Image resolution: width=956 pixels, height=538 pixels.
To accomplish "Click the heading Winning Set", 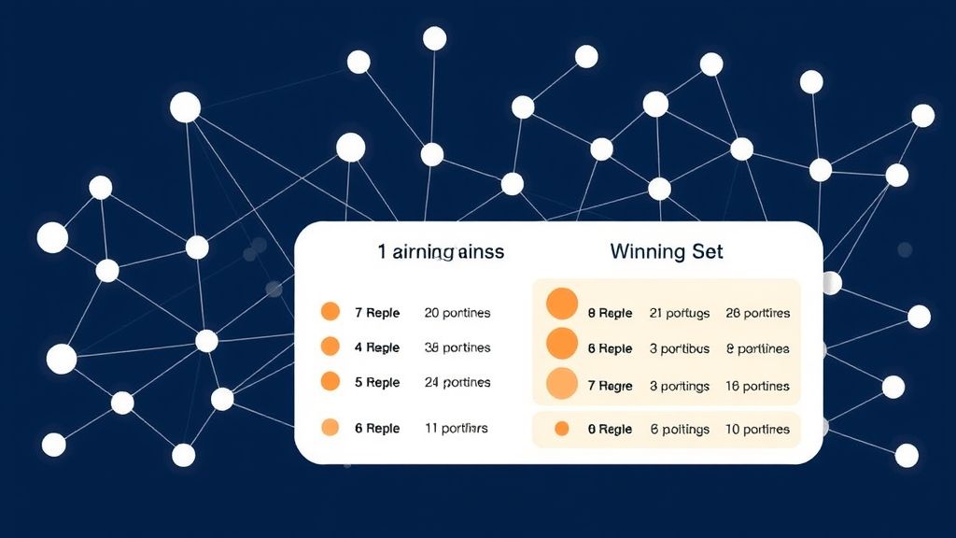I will pos(667,251).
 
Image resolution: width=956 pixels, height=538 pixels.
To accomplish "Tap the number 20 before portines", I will pos(432,313).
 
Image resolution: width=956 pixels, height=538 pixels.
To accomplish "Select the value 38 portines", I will pos(457,347).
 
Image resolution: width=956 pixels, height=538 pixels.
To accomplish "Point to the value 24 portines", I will pos(457,382).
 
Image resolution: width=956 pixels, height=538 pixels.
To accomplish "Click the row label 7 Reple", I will pos(377,313).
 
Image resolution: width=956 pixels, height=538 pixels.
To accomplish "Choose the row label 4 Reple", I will pos(377,347).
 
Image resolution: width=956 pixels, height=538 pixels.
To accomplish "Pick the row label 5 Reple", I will pos(377,382).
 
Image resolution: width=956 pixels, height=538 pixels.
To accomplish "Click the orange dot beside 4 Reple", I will pos(330,347).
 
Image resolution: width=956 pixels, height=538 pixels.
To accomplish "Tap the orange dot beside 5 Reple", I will pos(330,381).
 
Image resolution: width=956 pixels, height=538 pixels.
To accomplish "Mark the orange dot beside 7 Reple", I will pos(330,312).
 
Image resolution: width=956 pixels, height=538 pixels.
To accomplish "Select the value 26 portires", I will pos(757,313).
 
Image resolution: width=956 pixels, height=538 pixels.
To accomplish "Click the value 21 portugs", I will pos(680,313).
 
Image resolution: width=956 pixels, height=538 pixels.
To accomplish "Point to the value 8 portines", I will pos(757,348).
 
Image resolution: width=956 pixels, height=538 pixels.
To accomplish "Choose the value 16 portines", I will pos(757,386).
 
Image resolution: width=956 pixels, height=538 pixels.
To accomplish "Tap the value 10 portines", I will pos(757,430).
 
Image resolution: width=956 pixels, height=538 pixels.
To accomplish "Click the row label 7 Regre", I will pos(610,386).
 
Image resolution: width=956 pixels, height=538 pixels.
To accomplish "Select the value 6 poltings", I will pos(680,430).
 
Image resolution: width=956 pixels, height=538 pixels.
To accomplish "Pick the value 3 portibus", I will pos(680,348).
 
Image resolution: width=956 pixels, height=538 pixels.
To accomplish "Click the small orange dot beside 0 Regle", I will pos(561,429).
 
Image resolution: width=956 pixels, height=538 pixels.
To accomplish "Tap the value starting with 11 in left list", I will pos(456,428).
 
